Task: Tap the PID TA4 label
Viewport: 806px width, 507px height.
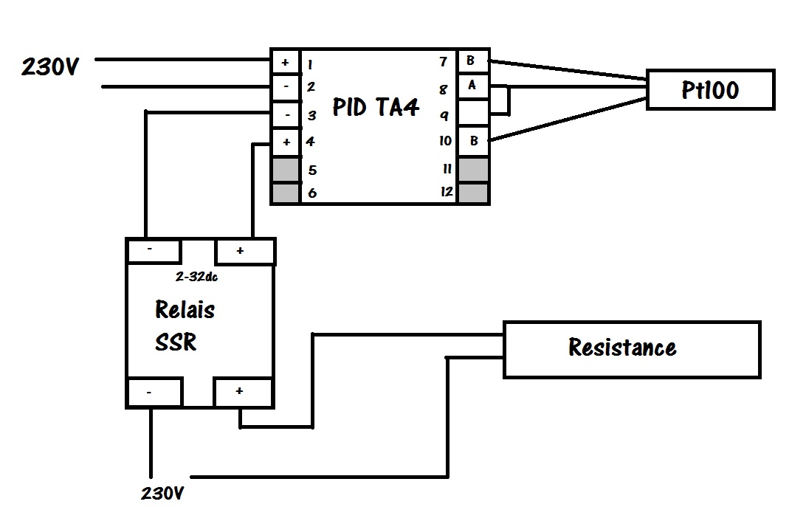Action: click(376, 107)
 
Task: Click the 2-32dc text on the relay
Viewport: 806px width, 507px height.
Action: click(196, 277)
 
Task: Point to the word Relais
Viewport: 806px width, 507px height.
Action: click(185, 309)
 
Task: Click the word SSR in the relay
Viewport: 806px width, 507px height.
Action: click(176, 342)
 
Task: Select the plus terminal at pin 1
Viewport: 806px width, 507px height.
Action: click(286, 63)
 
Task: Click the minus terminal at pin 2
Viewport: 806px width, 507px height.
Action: click(286, 88)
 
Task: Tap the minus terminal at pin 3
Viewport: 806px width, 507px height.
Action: click(286, 115)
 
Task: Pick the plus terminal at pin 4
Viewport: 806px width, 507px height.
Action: click(286, 142)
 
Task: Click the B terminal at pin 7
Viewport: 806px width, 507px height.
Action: click(472, 61)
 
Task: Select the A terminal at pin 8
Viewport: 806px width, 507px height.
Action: click(472, 86)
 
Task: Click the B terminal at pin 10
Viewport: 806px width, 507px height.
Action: click(473, 141)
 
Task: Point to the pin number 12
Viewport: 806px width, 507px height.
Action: click(447, 192)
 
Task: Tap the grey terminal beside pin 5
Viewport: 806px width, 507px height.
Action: click(286, 169)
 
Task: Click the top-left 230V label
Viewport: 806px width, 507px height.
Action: click(50, 66)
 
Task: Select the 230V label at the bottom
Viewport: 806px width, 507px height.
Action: click(162, 493)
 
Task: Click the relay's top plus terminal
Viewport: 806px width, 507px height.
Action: click(245, 252)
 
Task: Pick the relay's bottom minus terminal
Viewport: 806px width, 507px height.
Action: click(154, 393)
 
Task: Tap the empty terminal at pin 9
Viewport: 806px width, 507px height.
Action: click(473, 113)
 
